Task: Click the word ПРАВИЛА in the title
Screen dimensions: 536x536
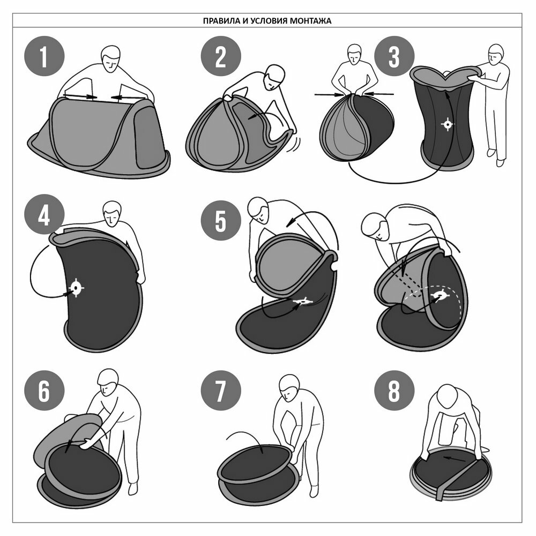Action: point(217,21)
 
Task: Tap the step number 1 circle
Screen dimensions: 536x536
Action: point(44,56)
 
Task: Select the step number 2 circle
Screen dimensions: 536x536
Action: point(221,56)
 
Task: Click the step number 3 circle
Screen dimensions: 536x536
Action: point(394,56)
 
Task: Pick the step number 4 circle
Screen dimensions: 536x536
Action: point(44,215)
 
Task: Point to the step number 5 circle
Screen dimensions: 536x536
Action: point(221,220)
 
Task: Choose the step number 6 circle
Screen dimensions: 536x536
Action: point(44,391)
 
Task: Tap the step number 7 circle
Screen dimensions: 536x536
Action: point(221,391)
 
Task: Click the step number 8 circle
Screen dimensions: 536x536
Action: point(394,391)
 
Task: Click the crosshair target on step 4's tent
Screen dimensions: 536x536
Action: point(76,288)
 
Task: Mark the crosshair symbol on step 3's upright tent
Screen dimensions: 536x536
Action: point(448,124)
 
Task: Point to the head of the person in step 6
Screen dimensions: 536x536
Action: point(108,382)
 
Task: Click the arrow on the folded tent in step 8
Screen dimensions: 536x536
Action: point(455,459)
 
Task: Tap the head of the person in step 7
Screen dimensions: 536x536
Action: point(289,388)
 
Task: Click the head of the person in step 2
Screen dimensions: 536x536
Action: point(274,77)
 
